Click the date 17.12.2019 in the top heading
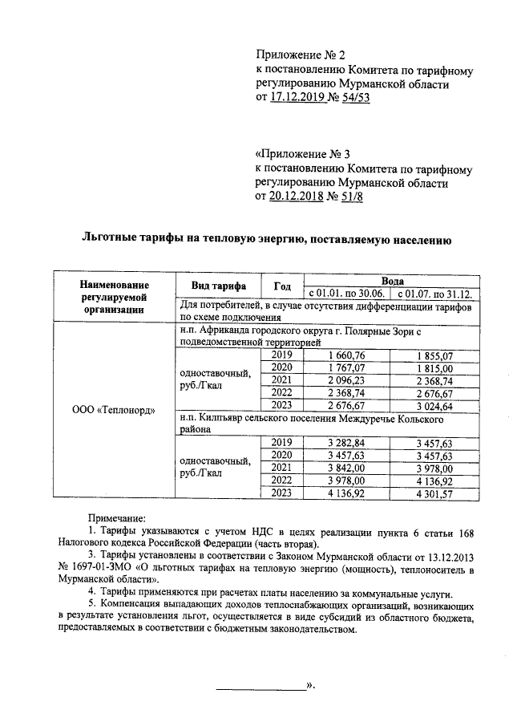[x=300, y=98]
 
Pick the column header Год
[x=281, y=286]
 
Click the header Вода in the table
[x=392, y=280]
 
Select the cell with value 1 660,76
[x=347, y=355]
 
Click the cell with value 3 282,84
[x=347, y=443]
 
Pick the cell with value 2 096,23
[x=347, y=380]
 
